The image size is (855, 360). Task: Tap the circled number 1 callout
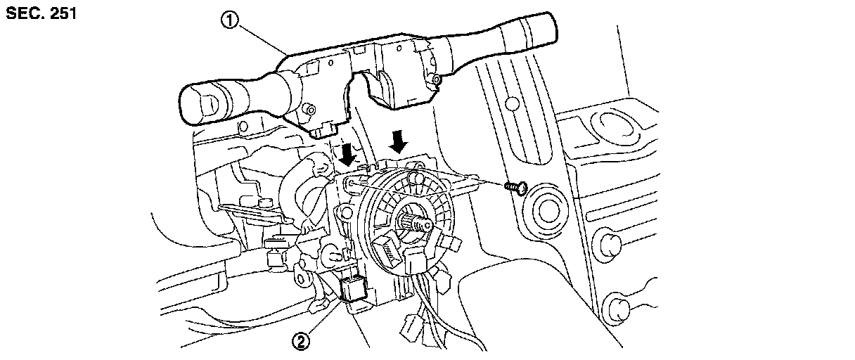tap(230, 20)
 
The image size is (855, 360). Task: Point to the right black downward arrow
tap(399, 141)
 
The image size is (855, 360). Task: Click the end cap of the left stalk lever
tap(200, 103)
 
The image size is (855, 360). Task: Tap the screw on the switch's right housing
tap(437, 80)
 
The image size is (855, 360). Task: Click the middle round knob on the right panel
tap(607, 243)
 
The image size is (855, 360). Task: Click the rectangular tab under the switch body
tap(325, 130)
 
